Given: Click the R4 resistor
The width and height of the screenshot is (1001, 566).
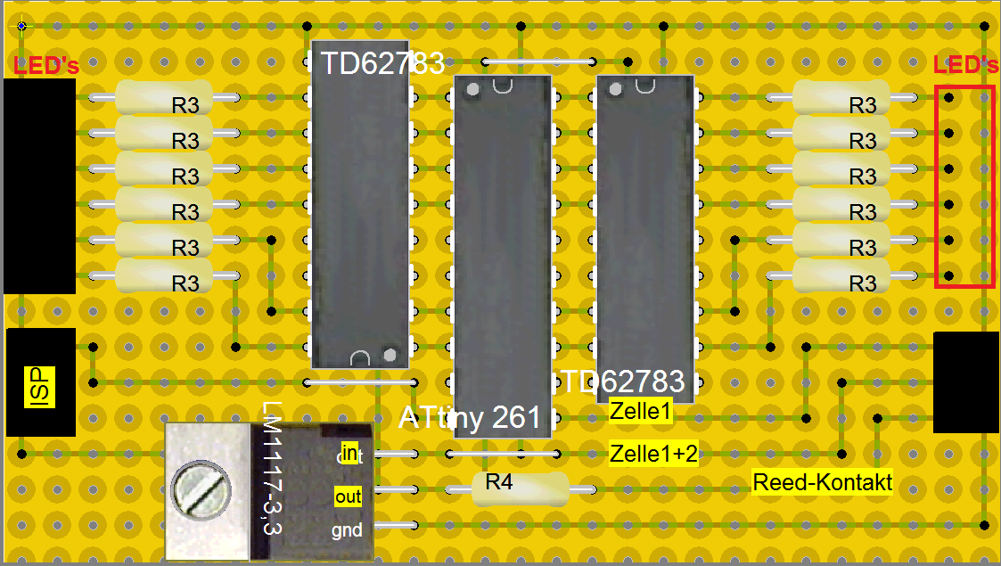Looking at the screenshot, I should click(519, 488).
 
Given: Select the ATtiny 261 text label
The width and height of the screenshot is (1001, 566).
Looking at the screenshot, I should click(470, 417).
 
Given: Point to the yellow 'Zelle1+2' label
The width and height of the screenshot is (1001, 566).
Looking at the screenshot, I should click(653, 454).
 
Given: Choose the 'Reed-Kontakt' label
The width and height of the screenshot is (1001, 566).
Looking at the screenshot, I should click(822, 482).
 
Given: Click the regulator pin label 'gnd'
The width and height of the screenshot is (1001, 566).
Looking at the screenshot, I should click(347, 530).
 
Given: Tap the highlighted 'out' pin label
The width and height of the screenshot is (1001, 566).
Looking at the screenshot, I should click(348, 496).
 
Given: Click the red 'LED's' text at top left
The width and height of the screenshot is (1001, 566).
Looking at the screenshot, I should click(46, 66).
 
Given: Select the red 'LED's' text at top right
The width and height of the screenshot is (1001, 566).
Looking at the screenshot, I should click(965, 65).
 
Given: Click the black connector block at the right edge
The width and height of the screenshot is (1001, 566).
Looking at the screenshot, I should click(965, 381).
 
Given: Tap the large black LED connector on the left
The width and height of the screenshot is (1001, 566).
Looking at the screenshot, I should click(39, 185).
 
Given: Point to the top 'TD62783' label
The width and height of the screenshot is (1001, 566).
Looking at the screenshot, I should click(382, 63).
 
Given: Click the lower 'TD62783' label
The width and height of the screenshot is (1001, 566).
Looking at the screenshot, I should click(622, 381).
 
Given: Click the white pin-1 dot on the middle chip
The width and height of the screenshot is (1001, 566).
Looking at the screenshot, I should click(472, 88).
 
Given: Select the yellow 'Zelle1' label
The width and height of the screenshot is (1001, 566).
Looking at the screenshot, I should click(640, 413).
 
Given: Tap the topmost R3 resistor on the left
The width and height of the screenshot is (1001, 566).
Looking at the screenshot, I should click(163, 97).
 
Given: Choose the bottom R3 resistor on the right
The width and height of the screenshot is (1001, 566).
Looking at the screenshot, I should click(841, 275).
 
